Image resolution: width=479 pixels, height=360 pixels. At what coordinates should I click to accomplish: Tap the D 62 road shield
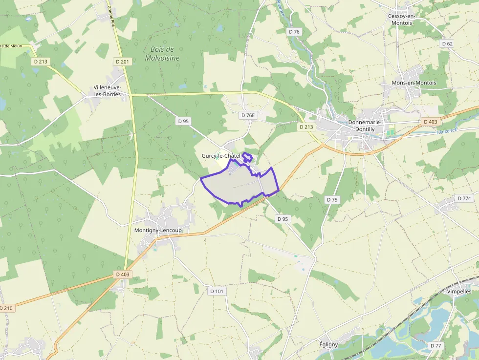pos(447,43)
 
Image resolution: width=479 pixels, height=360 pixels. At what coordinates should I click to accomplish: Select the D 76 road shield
pos(294,31)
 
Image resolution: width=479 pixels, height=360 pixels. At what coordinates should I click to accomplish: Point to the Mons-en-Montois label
pos(414,83)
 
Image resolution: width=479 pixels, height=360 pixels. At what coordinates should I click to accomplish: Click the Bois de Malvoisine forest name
pos(162,53)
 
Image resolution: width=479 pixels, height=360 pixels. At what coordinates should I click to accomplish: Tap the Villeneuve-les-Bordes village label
pos(107,91)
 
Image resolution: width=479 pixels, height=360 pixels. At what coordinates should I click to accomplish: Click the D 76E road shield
pos(248,115)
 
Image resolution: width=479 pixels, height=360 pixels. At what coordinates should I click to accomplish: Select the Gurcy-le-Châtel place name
pos(221,155)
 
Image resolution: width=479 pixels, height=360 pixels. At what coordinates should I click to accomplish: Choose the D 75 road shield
pos(331,199)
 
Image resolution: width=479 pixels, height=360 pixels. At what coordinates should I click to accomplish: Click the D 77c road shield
pos(464,198)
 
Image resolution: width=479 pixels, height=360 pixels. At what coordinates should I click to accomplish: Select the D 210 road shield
pos(6,308)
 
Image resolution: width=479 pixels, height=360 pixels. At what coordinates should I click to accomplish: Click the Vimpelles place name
pos(459,291)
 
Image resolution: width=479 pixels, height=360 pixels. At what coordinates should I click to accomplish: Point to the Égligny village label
pos(328,344)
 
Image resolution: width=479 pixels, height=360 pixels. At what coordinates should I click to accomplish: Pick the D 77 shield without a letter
pos(435,345)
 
